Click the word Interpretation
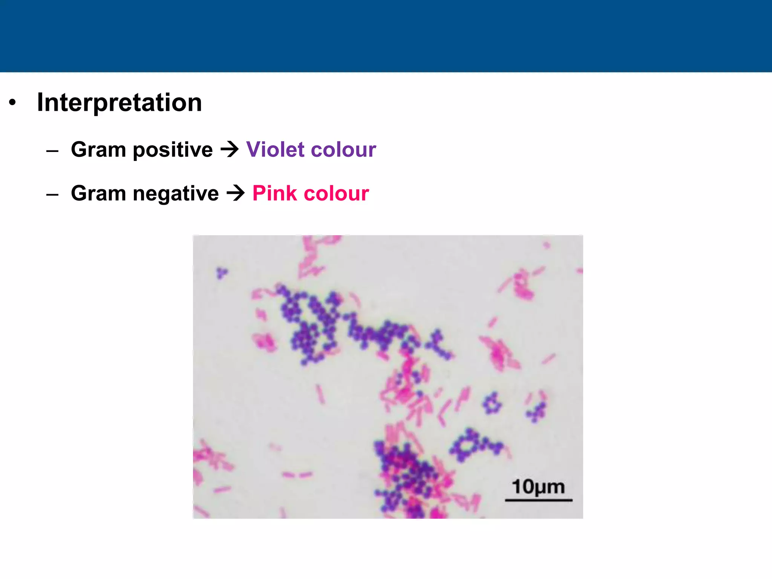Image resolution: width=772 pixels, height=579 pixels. [119, 103]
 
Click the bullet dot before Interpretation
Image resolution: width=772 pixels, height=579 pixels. [13, 103]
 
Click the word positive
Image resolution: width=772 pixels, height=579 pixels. [173, 150]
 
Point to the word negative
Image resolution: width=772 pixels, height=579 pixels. [176, 193]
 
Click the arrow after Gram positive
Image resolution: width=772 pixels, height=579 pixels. [230, 149]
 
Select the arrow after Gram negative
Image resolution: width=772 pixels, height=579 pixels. [236, 193]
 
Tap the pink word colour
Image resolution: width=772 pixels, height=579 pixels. [336, 193]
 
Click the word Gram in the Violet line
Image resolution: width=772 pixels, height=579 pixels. [98, 149]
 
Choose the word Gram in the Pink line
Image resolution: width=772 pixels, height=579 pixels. [98, 193]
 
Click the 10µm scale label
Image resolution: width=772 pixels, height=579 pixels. [538, 487]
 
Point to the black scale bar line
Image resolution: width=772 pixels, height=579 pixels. [538, 500]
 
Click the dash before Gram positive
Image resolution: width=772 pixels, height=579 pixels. [52, 151]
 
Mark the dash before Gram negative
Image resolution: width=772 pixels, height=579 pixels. [52, 195]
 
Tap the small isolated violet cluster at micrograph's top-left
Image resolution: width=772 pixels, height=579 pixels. [222, 273]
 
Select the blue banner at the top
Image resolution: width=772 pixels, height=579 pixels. [386, 36]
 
